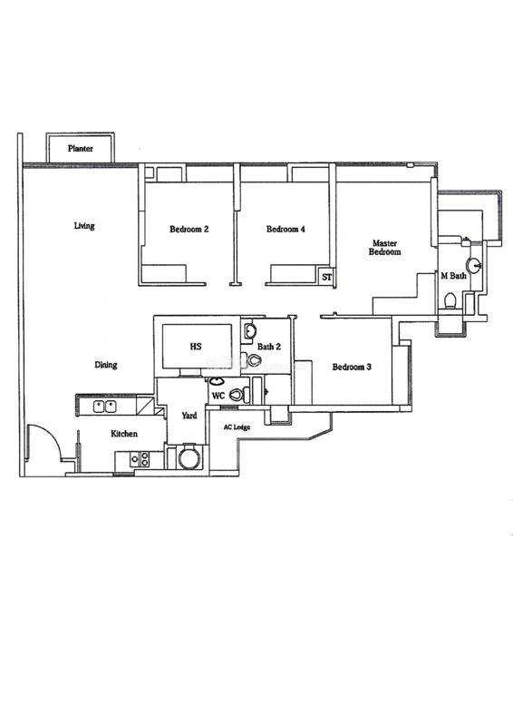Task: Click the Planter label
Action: (x=81, y=149)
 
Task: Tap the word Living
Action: (x=84, y=226)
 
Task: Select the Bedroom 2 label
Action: (x=189, y=229)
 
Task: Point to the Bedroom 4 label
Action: (x=286, y=229)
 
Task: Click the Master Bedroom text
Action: (x=385, y=248)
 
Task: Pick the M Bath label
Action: (x=453, y=276)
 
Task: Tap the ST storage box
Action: (x=327, y=277)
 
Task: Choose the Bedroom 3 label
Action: (x=352, y=368)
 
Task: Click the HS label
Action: (x=196, y=347)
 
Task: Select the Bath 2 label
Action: (x=269, y=347)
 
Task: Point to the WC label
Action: (x=218, y=397)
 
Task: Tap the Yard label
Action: (x=189, y=416)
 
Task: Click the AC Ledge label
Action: (x=237, y=427)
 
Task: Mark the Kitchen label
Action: (x=124, y=434)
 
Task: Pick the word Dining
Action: (x=106, y=365)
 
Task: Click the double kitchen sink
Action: (x=104, y=407)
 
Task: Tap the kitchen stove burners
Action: (x=140, y=459)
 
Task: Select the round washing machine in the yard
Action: (x=189, y=457)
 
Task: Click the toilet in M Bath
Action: (x=450, y=300)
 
